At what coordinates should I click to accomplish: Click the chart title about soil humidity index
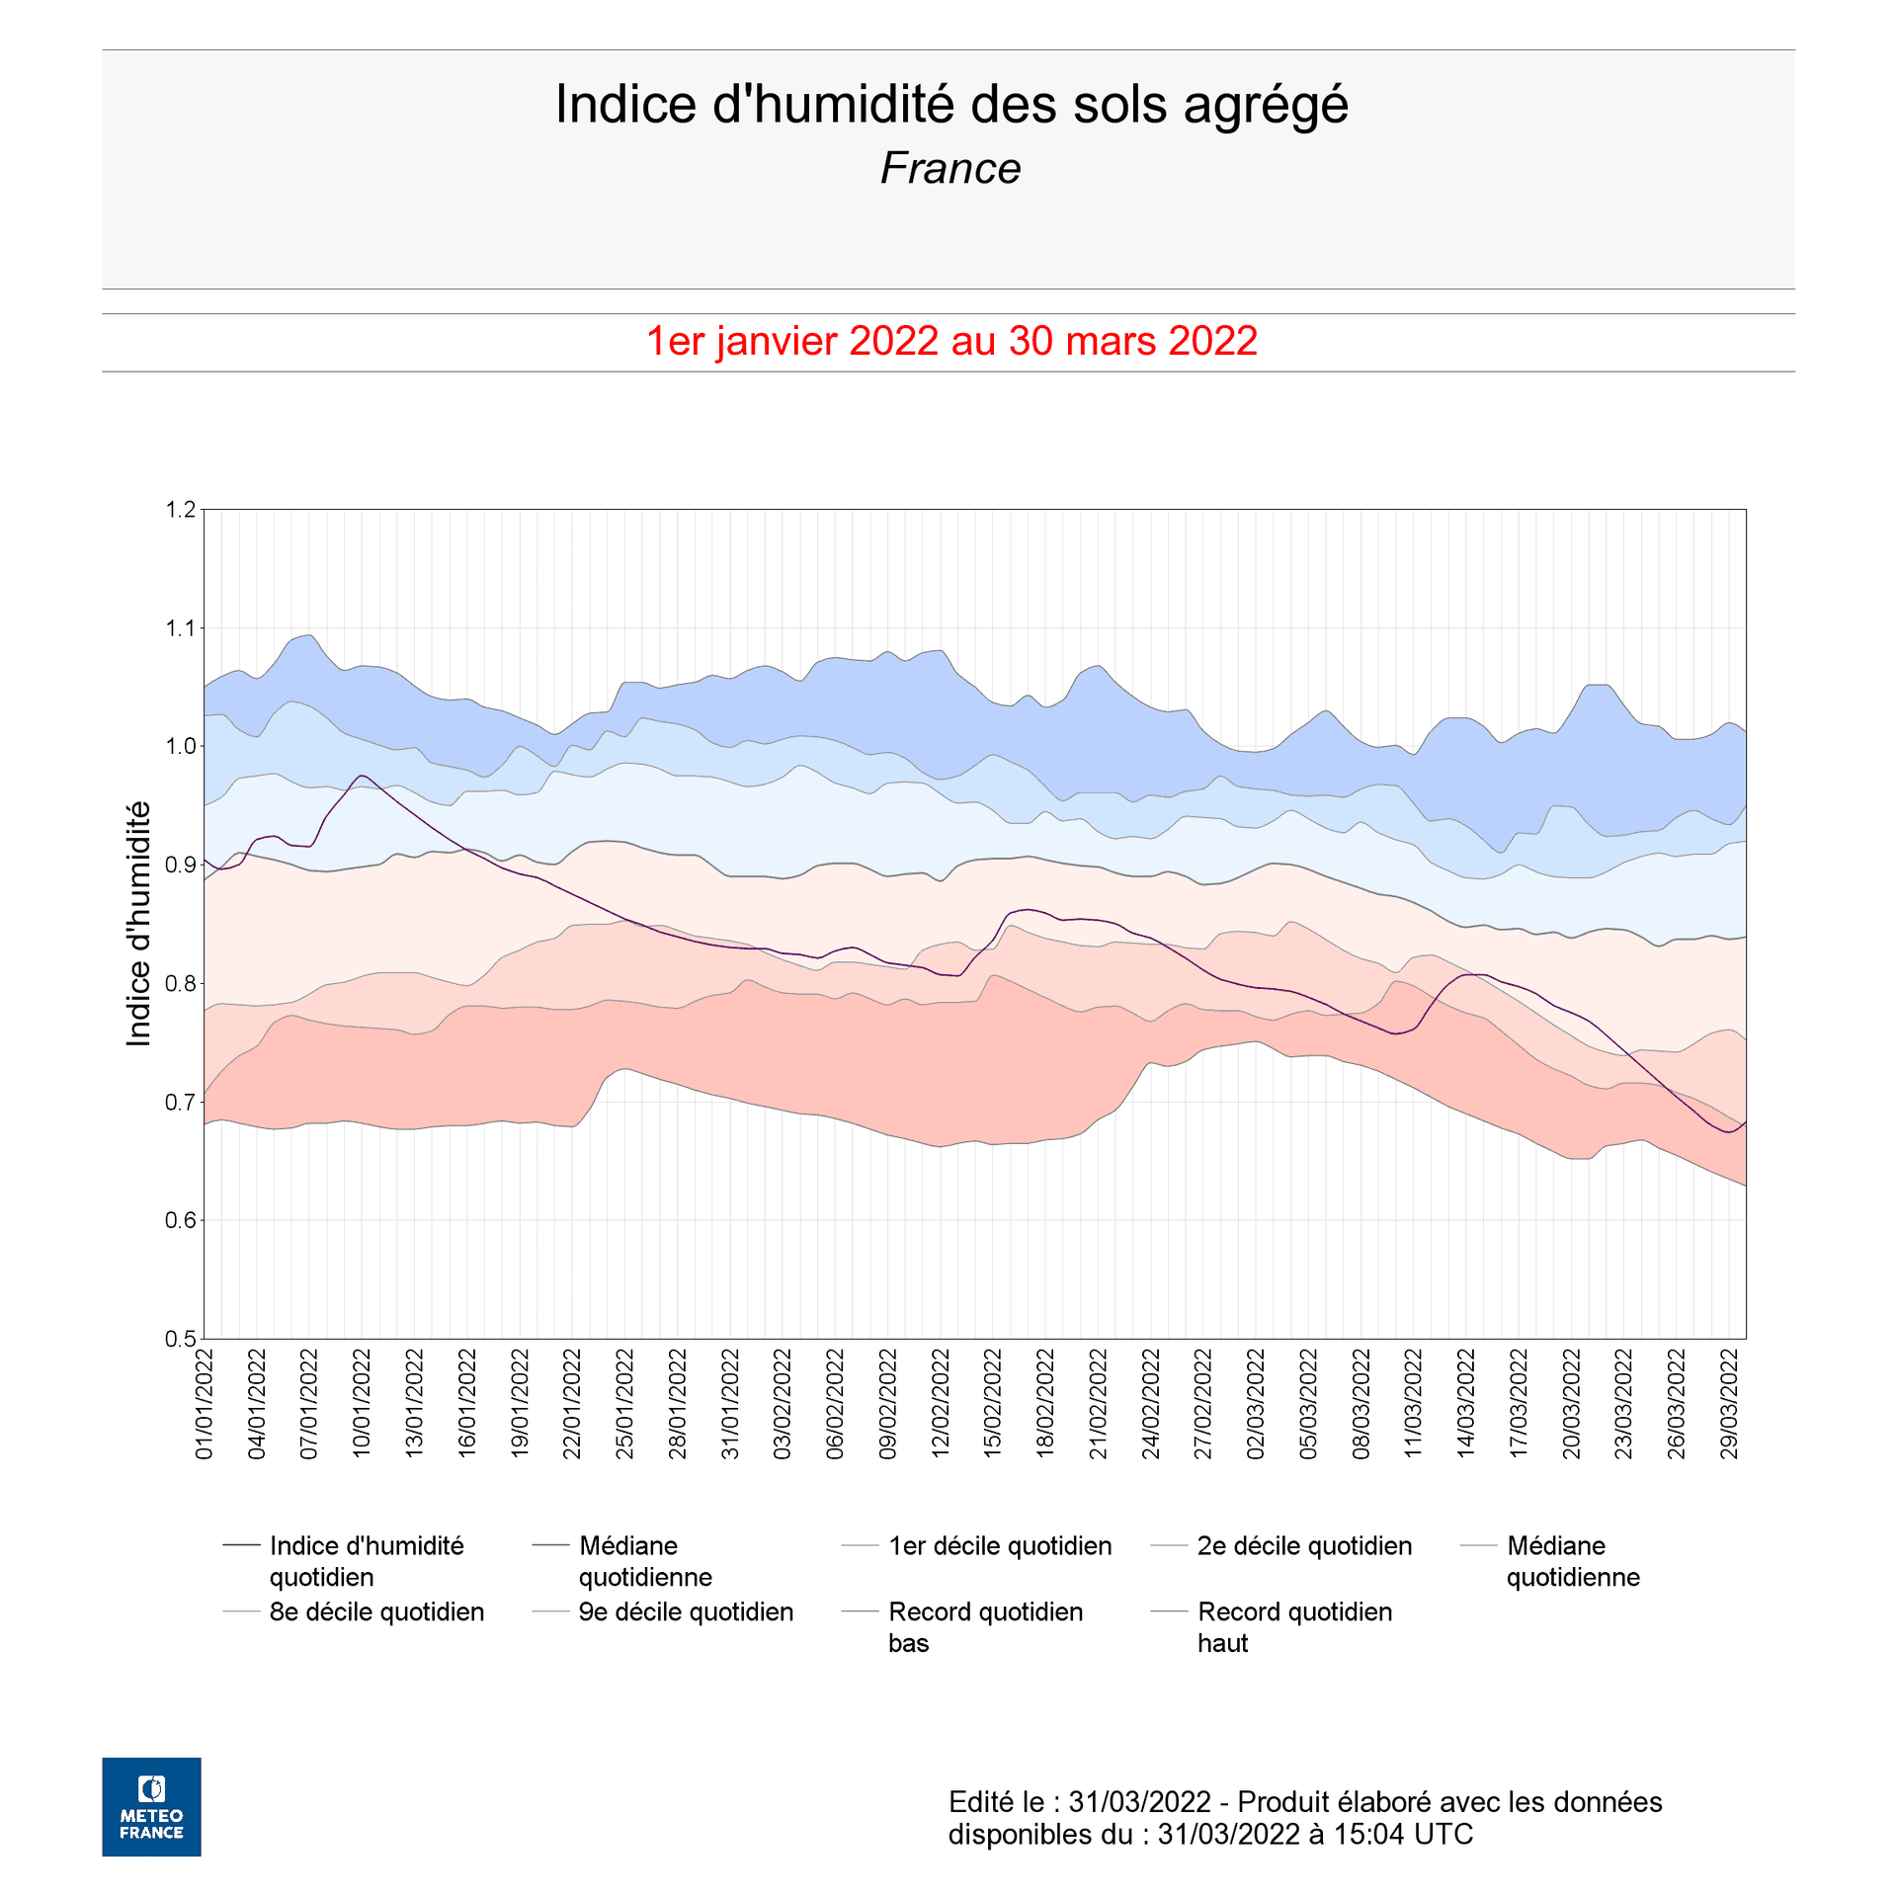(x=950, y=105)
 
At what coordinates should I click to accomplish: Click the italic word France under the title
(x=950, y=169)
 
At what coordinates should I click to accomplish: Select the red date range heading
(x=950, y=342)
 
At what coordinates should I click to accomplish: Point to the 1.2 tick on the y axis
(x=181, y=510)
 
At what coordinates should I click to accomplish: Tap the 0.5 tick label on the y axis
(x=181, y=1339)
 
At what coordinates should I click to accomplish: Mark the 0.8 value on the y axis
(x=181, y=983)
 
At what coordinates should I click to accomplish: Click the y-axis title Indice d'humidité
(x=139, y=924)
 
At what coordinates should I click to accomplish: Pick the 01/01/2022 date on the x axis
(x=205, y=1404)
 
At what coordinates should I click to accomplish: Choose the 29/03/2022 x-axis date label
(x=1729, y=1404)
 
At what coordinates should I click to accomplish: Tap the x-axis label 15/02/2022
(x=993, y=1404)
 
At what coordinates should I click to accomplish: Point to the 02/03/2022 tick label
(x=1256, y=1404)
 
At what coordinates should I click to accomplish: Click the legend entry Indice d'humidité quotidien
(x=366, y=1561)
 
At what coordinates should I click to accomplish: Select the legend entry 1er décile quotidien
(x=999, y=1546)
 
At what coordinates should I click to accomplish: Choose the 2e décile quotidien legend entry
(x=1304, y=1546)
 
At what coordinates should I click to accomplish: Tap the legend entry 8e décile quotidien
(x=376, y=1612)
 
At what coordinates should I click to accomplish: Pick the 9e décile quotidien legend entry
(x=686, y=1612)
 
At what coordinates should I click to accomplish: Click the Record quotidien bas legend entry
(x=985, y=1627)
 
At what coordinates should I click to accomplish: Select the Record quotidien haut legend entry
(x=1294, y=1627)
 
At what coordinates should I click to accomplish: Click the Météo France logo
(x=151, y=1807)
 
